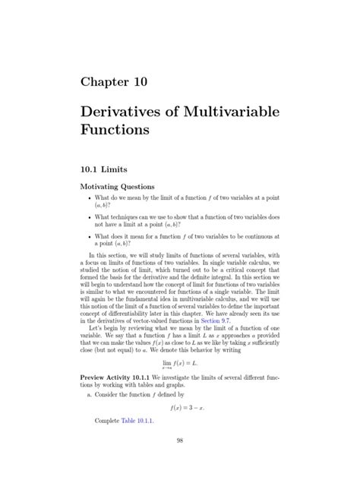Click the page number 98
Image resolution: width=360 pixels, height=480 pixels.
point(180,461)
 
